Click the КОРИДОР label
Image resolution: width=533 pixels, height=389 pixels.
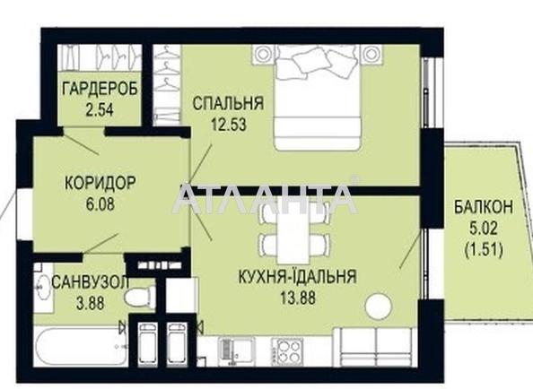pos(100,182)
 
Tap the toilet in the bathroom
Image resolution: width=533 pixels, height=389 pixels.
pos(140,297)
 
